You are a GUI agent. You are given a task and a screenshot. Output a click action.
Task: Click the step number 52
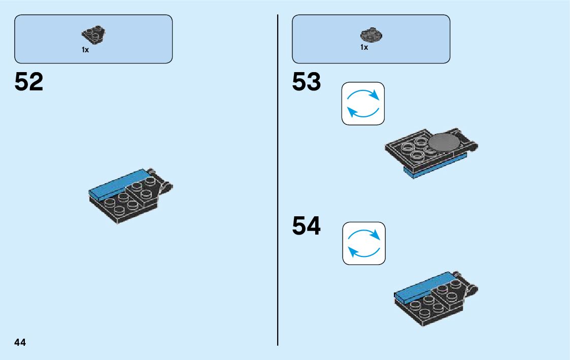tap(29, 82)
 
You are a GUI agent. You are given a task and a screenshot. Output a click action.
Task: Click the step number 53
tap(307, 82)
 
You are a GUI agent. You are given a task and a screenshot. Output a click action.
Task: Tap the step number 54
tap(307, 226)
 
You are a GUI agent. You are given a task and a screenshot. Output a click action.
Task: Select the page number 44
tap(20, 342)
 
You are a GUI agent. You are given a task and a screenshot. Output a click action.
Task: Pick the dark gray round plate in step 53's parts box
tap(371, 36)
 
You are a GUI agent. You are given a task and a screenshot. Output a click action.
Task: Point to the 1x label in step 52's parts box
tap(85, 50)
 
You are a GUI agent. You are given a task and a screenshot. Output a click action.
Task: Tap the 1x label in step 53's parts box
tap(364, 47)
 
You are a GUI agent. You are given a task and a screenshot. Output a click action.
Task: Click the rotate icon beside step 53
tap(363, 104)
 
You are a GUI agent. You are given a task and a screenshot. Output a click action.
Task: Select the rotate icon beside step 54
tap(363, 243)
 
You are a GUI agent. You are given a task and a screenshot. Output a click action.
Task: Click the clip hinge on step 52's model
tap(165, 186)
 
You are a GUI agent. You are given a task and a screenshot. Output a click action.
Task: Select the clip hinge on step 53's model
tap(472, 147)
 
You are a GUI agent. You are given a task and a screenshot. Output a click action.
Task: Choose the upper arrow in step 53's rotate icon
tap(364, 94)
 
